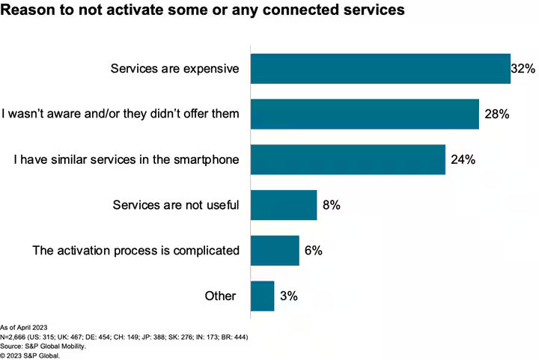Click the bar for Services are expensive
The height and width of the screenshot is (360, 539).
(x=380, y=69)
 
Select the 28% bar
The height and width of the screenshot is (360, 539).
(x=365, y=115)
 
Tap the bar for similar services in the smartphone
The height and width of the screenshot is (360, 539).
(x=348, y=159)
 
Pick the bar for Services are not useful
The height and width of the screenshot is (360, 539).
(x=284, y=205)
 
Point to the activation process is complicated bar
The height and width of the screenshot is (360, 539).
(x=275, y=250)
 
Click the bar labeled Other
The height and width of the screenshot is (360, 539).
(x=263, y=296)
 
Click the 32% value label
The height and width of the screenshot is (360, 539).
(x=523, y=69)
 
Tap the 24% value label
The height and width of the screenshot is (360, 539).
(x=462, y=159)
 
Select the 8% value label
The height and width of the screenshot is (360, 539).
(x=330, y=205)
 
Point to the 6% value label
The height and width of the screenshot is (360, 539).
(x=313, y=250)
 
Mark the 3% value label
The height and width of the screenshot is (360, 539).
(x=288, y=296)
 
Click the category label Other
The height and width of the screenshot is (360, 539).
(x=220, y=296)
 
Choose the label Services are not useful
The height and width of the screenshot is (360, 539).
(x=175, y=205)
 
